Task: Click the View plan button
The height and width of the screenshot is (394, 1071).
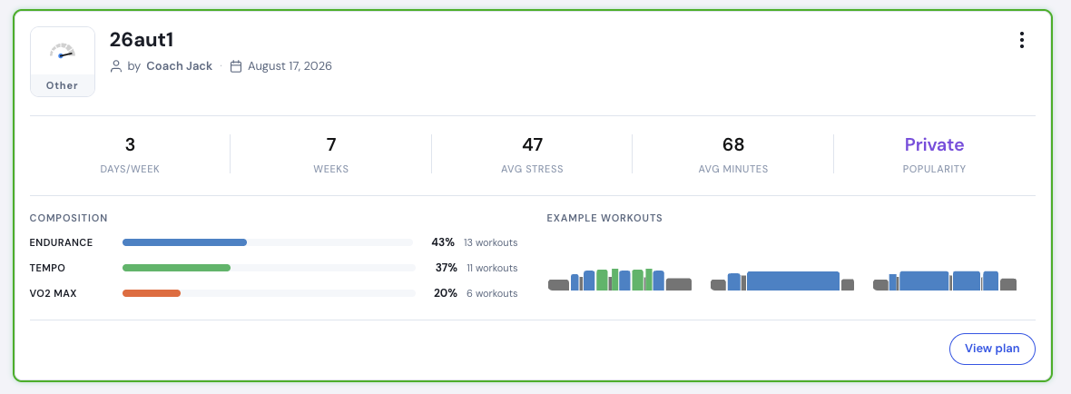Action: [992, 349]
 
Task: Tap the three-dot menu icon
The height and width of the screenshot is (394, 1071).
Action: [1021, 40]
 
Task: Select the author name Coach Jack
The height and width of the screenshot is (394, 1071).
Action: [180, 66]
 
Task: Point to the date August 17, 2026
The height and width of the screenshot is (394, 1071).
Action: [290, 66]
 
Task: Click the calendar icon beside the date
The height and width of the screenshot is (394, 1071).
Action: [236, 66]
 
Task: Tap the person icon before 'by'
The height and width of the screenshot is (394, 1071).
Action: [116, 66]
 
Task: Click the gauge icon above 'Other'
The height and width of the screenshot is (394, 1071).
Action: [62, 51]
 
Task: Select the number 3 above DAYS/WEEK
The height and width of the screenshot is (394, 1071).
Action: [130, 144]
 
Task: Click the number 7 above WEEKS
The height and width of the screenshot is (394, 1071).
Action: [331, 144]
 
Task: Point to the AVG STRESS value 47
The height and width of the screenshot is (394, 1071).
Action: [532, 144]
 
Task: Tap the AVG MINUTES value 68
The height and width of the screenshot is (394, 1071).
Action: [732, 144]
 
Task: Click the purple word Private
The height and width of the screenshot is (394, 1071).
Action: [934, 144]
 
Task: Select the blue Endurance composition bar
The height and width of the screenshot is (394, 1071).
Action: [184, 242]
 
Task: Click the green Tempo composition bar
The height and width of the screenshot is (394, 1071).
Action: [176, 268]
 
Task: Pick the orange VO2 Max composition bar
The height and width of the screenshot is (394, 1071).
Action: [152, 293]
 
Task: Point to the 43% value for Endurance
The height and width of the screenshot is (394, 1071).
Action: [443, 242]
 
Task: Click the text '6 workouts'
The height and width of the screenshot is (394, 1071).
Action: [490, 293]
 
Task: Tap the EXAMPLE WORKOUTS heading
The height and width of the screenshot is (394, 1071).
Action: [604, 219]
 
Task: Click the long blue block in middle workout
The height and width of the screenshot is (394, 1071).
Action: [793, 281]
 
